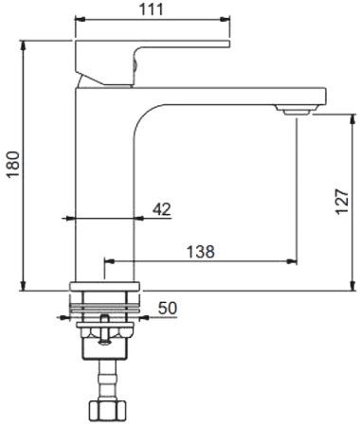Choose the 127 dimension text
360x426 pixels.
[341, 201]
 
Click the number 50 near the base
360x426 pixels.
[168, 307]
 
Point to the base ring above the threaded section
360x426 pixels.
[106, 284]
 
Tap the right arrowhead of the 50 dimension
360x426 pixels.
[143, 315]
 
